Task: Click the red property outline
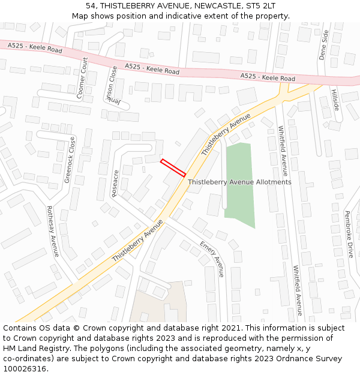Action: (x=173, y=167)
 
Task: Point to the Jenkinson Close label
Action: (x=110, y=85)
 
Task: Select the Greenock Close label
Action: (x=70, y=160)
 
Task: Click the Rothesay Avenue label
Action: (x=52, y=232)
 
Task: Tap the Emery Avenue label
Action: (x=212, y=259)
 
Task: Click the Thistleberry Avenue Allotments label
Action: (x=239, y=182)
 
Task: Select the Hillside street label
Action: (x=335, y=100)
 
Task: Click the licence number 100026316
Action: (x=26, y=369)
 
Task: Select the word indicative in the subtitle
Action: (x=193, y=16)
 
